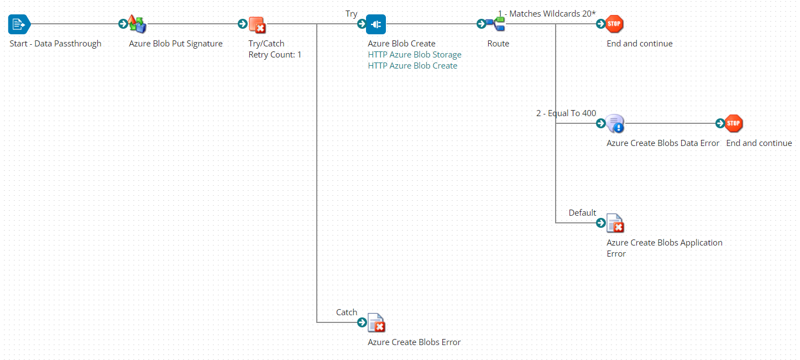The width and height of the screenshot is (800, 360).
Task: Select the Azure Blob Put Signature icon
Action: [x=137, y=24]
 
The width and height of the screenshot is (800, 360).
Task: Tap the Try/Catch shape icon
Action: [x=257, y=24]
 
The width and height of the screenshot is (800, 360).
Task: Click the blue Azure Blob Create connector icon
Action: [x=376, y=24]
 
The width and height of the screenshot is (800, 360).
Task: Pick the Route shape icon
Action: [x=495, y=24]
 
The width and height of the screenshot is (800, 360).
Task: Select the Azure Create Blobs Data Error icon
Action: [x=615, y=124]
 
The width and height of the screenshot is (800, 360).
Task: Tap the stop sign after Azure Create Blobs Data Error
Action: [x=734, y=124]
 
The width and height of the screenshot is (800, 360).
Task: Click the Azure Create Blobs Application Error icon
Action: [x=615, y=223]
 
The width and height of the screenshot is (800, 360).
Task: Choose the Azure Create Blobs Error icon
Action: [x=376, y=323]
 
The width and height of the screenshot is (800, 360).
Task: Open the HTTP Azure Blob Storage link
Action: [x=414, y=55]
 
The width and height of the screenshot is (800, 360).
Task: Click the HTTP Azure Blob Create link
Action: [x=412, y=66]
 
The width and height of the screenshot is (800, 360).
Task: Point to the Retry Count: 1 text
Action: [x=275, y=55]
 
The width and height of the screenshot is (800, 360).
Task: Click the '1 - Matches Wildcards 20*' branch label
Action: [x=546, y=13]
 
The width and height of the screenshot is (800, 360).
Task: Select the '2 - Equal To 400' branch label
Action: [x=566, y=113]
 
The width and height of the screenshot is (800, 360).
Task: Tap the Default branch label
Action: [x=582, y=213]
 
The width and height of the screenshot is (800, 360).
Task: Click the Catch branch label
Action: [x=347, y=312]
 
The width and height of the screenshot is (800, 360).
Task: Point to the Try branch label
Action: [x=351, y=14]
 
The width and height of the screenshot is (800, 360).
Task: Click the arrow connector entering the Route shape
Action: [x=481, y=24]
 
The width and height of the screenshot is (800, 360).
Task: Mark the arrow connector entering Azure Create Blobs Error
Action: [x=362, y=322]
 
